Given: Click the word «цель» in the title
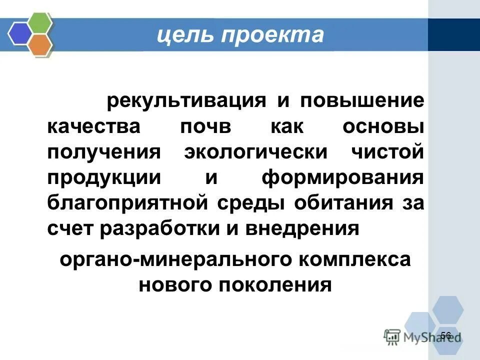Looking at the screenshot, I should (178, 34).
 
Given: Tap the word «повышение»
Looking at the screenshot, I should (362, 100).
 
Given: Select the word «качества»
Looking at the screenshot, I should (94, 126).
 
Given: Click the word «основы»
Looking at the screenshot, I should (383, 126).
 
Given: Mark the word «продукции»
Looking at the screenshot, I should (104, 178).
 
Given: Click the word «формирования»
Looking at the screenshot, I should (344, 178).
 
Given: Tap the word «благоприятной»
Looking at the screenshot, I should (129, 203).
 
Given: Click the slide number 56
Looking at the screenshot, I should (446, 335).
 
